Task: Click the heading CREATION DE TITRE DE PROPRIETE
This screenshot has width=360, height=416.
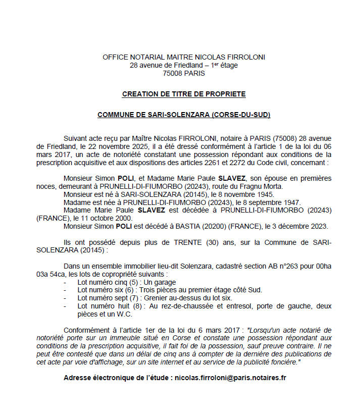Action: point(184,94)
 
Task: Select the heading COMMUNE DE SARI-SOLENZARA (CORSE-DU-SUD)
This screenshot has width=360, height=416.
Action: point(184,115)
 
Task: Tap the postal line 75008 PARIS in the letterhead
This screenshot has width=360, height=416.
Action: point(184,73)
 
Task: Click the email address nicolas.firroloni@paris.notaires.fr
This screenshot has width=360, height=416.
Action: point(230,378)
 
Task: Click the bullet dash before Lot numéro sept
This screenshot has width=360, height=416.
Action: point(65,298)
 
